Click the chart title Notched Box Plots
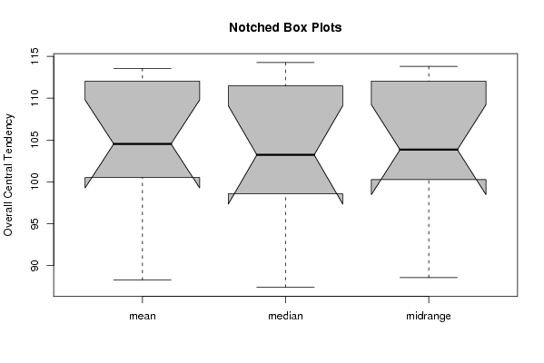[x=285, y=27]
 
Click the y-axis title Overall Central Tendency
[x=7, y=175]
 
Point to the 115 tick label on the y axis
[x=35, y=56]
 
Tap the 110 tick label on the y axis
[x=35, y=98]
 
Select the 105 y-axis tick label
[x=35, y=140]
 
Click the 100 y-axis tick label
[x=35, y=181]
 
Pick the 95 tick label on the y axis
[x=35, y=223]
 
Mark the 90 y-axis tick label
[x=35, y=266]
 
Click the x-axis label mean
[x=143, y=316]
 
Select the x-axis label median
[x=285, y=316]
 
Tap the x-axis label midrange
[x=429, y=316]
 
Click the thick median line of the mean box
[x=143, y=143]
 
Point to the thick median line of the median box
[x=285, y=154]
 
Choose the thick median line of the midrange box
[x=429, y=150]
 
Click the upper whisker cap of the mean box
[x=143, y=68]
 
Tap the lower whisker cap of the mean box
[x=143, y=280]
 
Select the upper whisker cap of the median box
[x=285, y=63]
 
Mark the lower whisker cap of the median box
[x=285, y=287]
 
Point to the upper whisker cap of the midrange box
[x=429, y=66]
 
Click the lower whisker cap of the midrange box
[x=429, y=278]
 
